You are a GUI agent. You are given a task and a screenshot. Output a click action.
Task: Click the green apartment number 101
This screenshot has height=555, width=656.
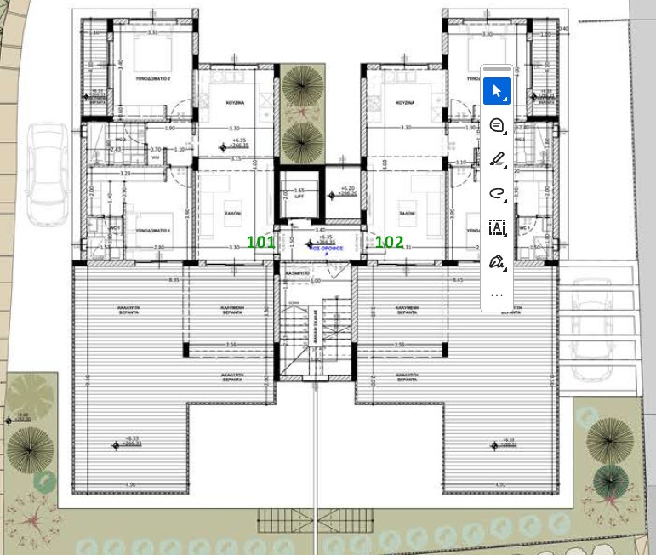260,242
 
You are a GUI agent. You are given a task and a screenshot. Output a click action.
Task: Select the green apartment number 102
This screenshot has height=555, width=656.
389,242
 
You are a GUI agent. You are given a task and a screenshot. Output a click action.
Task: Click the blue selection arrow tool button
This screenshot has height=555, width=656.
497,92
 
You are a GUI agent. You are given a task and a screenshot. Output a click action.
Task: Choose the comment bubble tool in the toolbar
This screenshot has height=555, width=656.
497,126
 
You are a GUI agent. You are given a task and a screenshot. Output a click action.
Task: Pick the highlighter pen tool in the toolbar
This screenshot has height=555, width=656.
497,159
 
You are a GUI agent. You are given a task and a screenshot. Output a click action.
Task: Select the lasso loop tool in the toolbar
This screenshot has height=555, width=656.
497,193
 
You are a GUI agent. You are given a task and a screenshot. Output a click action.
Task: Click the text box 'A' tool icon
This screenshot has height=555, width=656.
497,227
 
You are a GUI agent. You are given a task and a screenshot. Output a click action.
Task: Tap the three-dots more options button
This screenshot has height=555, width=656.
497,295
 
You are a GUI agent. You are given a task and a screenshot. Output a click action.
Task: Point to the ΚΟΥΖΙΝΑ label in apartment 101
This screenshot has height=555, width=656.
236,102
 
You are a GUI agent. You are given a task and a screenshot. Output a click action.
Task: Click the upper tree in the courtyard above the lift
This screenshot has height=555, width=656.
302,87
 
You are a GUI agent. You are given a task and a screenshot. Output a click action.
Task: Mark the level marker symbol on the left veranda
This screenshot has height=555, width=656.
116,443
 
